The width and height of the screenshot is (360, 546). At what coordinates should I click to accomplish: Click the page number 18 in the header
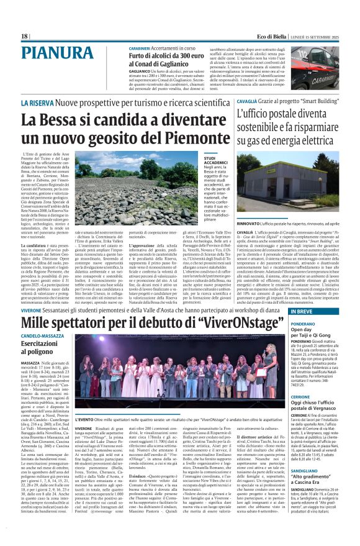[25, 37]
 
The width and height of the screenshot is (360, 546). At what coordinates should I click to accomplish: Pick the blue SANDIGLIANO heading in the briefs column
[307, 471]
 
